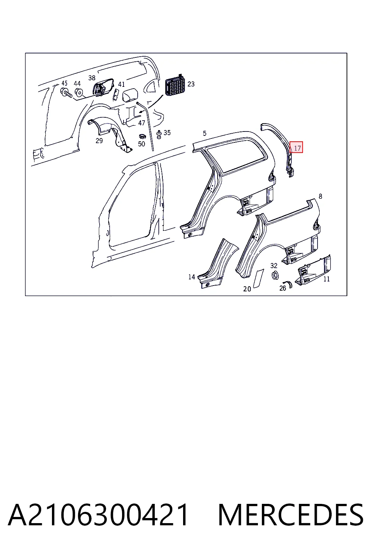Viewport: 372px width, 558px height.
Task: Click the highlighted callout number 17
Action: point(297,149)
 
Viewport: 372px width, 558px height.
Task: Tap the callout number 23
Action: point(191,84)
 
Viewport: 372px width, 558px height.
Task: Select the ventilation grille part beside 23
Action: point(175,85)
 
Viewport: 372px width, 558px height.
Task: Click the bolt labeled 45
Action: point(66,93)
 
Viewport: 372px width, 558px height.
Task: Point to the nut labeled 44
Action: point(79,92)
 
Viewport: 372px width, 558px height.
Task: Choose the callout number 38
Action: point(92,78)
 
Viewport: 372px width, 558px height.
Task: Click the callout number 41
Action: point(121,84)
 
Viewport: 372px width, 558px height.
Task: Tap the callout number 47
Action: point(142,123)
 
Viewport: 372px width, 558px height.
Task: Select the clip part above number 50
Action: point(142,136)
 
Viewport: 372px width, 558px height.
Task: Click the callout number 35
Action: point(167,133)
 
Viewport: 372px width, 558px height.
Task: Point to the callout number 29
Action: point(99,141)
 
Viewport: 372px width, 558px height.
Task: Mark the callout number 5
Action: point(205,133)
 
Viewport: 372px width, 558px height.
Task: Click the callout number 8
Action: point(320,196)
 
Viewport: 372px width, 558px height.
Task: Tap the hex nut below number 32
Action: point(275,275)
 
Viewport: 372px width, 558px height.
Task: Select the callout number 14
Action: point(191,277)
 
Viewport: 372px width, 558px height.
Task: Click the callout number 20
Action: point(247,289)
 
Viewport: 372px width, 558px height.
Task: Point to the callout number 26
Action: point(283,288)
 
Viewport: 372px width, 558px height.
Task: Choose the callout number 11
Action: point(326,279)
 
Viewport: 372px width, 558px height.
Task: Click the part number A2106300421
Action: point(98,515)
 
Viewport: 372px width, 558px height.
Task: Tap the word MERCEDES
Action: point(291,515)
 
